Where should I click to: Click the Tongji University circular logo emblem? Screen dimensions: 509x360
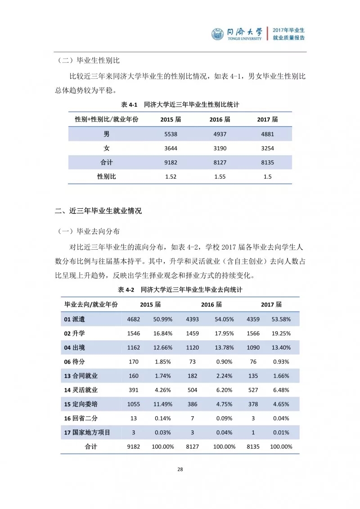[x=218, y=34]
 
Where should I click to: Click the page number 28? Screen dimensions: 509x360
[x=180, y=469]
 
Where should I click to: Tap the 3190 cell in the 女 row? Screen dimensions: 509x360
[x=220, y=148]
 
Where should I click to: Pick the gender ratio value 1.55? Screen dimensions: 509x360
[x=220, y=177]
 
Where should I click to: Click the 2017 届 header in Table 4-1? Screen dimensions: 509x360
[x=267, y=119]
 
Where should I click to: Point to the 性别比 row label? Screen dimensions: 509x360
[x=107, y=177]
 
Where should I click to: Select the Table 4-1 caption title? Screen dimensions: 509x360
[x=180, y=104]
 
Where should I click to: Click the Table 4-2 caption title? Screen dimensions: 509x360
[x=180, y=290]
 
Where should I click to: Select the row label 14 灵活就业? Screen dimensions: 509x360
[x=81, y=391]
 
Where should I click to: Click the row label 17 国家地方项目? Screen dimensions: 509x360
[x=87, y=433]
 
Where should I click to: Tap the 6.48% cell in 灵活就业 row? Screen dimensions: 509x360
[x=281, y=391]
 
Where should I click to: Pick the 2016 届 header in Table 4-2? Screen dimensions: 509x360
[x=211, y=305]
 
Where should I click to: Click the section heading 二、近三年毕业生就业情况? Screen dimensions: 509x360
[x=98, y=211]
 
